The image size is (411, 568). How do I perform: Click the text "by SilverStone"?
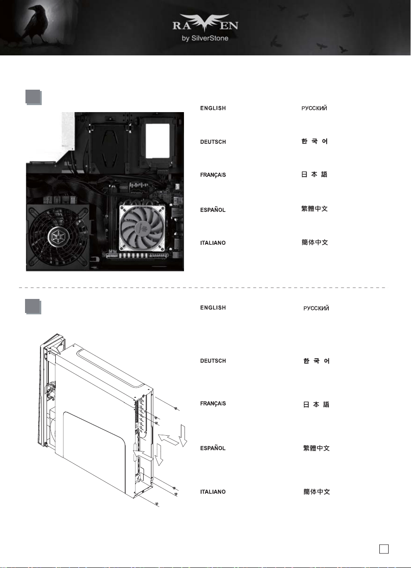coord(205,39)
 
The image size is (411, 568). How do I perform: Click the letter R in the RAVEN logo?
coord(176,25)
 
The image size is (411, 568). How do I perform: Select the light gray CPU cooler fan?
coord(143,228)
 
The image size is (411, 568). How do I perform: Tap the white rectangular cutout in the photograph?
coord(158,141)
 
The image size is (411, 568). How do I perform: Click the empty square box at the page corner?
coord(384,549)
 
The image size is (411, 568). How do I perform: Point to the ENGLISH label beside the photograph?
coord(213,108)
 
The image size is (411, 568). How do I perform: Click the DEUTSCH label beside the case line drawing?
coord(213,361)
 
